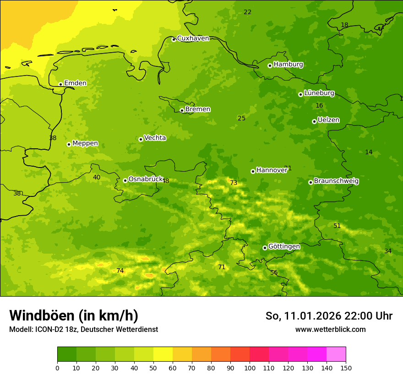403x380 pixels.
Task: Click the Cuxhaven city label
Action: [x=193, y=38]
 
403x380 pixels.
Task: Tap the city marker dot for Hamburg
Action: [x=270, y=65]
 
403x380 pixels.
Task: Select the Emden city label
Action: [x=75, y=83]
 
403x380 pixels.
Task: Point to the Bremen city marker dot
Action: [x=182, y=110]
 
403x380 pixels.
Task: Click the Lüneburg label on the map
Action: [x=319, y=93]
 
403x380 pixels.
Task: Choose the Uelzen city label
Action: [x=328, y=120]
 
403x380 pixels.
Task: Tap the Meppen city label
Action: [x=85, y=143]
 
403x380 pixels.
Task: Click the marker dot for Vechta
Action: [x=141, y=139]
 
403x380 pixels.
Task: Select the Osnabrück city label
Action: [x=146, y=179]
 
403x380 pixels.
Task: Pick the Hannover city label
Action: [x=272, y=170]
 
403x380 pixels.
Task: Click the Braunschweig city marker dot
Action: [x=310, y=182]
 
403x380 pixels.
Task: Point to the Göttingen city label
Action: [x=284, y=247]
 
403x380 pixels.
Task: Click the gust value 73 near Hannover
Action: [x=234, y=183]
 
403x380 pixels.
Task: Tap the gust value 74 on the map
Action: [x=120, y=271]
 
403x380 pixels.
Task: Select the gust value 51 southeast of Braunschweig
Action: [x=337, y=226]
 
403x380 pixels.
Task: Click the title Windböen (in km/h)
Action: [x=74, y=315]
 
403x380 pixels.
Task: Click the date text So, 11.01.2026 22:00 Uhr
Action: [x=329, y=316]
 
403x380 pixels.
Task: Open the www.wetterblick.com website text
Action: [x=330, y=330]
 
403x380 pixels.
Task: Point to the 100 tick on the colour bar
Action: [x=250, y=368]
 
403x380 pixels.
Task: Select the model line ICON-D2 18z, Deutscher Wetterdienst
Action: [x=83, y=330]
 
